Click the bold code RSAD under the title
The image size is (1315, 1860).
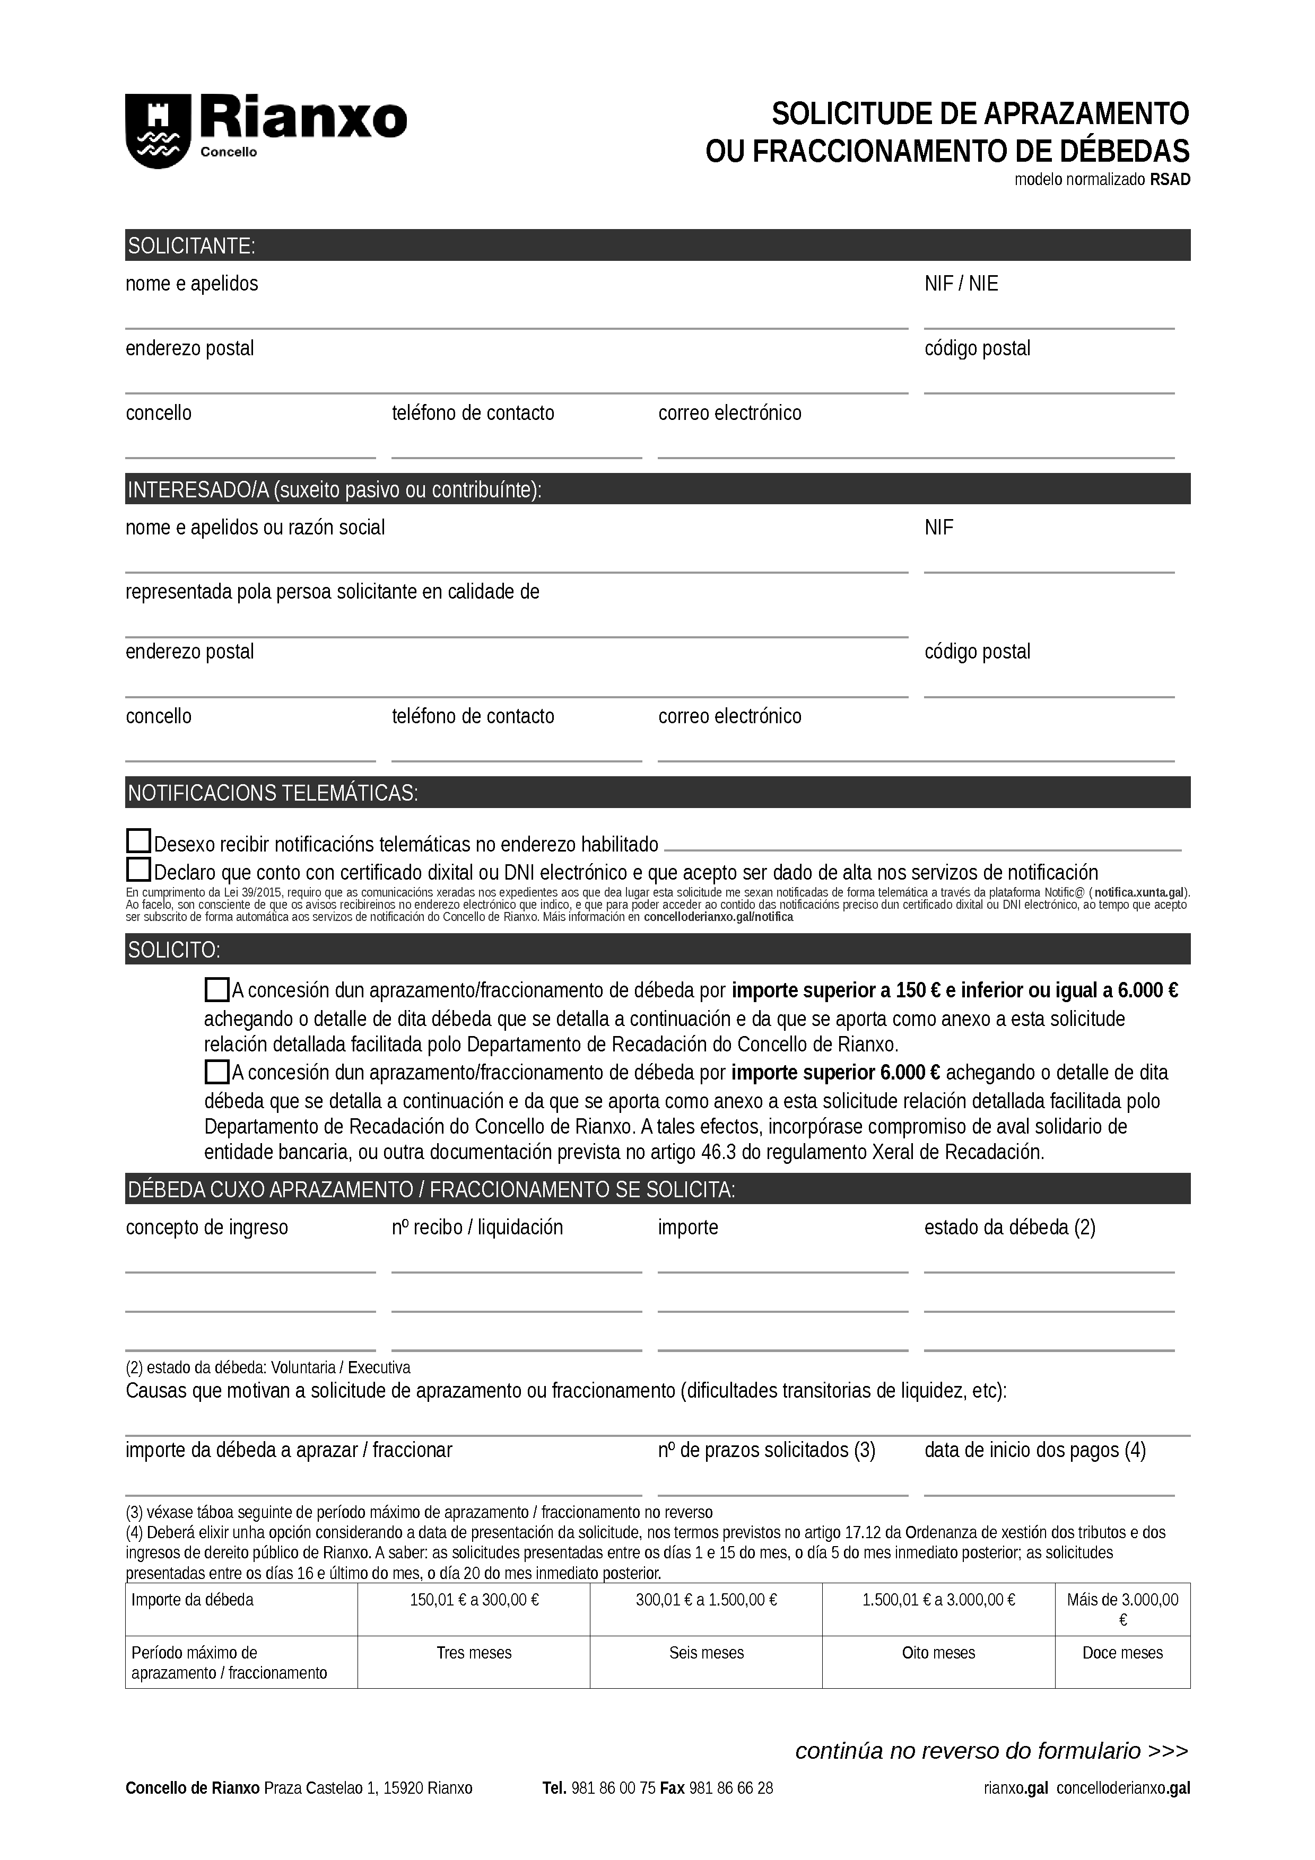click(x=1170, y=180)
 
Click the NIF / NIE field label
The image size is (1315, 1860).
click(x=961, y=284)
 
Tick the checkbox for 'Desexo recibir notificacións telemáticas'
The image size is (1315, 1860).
click(x=138, y=841)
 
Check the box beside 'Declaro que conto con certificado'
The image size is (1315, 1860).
click(x=138, y=870)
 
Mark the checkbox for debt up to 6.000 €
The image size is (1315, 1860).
click(x=216, y=989)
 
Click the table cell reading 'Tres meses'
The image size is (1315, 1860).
click(x=474, y=1653)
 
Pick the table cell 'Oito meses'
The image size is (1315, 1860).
click(x=938, y=1653)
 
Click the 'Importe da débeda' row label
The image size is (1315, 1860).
click(x=193, y=1600)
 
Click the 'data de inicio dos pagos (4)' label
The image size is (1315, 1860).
click(x=1035, y=1450)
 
